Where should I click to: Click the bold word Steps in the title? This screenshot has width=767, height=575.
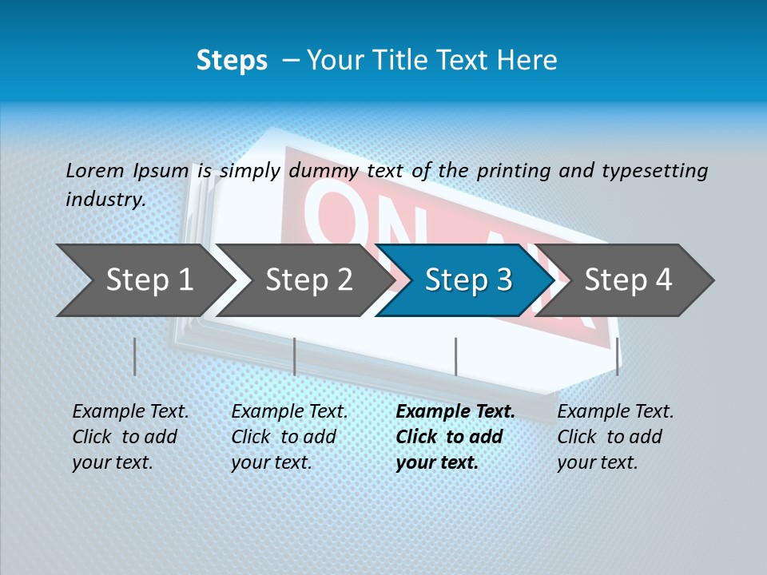[x=232, y=61]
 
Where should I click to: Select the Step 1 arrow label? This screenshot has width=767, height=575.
[x=149, y=280]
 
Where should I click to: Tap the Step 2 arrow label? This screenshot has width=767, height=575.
[x=309, y=280]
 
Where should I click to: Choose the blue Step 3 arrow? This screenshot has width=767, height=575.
[x=468, y=280]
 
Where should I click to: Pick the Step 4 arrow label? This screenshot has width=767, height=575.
[x=628, y=280]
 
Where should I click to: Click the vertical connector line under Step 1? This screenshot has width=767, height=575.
[x=135, y=356]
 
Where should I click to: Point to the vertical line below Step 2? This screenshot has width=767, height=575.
[x=295, y=356]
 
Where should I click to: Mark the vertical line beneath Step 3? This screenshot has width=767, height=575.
[x=455, y=356]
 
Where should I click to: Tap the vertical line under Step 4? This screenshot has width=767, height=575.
[x=618, y=356]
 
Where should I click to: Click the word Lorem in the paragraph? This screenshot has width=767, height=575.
[x=95, y=170]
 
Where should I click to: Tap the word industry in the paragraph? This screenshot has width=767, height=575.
[x=105, y=199]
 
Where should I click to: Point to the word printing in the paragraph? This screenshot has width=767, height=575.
[x=512, y=170]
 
